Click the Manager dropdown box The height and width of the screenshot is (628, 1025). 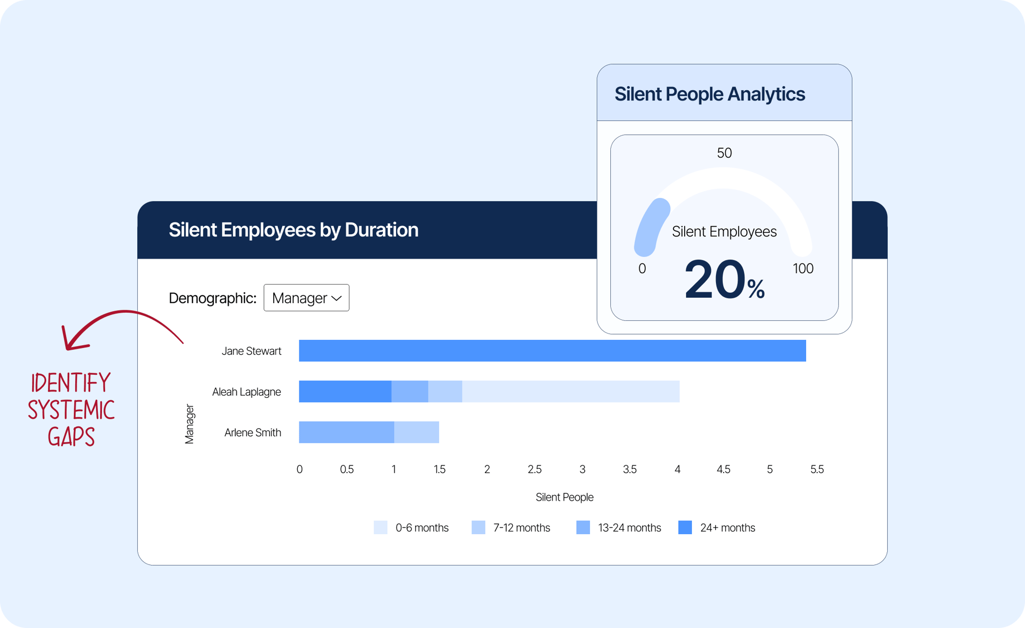point(306,298)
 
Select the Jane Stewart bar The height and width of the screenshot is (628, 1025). point(552,351)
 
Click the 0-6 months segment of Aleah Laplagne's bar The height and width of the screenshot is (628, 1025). point(570,392)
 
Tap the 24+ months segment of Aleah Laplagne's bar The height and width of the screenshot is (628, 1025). point(345,392)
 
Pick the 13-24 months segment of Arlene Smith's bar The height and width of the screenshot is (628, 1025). point(346,432)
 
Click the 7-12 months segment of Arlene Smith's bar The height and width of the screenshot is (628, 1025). point(417,432)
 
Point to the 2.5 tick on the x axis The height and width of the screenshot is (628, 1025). point(535,469)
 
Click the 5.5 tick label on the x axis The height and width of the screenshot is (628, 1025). point(817,469)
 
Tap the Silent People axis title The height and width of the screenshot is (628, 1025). point(564,497)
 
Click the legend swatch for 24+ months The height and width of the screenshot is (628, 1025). point(685,528)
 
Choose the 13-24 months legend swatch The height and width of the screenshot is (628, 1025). point(583,528)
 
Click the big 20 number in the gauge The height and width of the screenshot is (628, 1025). point(714,280)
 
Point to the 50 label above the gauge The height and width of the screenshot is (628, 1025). point(724,153)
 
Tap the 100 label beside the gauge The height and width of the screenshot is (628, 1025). point(803,269)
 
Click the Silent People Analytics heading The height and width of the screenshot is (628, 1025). point(710,94)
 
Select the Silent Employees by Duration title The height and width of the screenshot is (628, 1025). point(293,230)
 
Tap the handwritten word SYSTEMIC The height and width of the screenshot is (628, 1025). point(71,410)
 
